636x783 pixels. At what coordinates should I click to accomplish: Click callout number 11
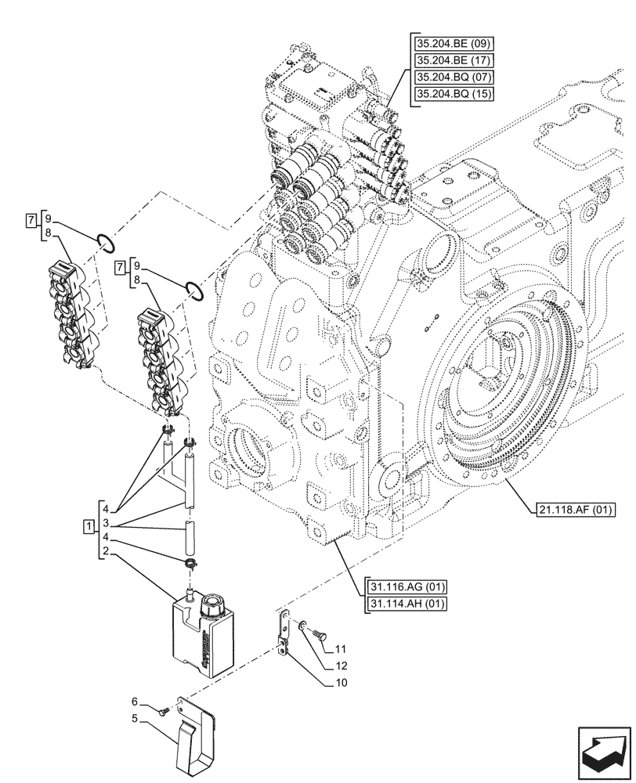coord(340,649)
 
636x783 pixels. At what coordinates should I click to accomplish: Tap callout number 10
coord(340,682)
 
